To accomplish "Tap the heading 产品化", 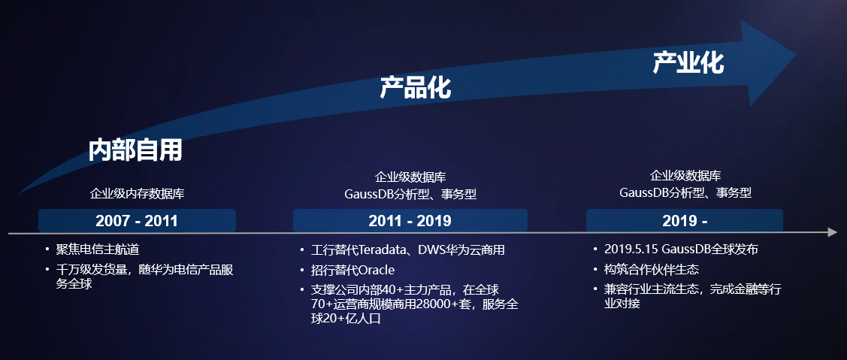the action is (416, 87).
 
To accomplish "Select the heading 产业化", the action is (688, 62).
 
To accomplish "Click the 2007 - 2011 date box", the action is (137, 220).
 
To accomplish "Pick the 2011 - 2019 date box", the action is (410, 220).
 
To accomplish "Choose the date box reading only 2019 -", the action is (685, 220).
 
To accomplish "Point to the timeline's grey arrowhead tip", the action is (836, 232).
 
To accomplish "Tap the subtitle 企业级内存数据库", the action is (138, 193).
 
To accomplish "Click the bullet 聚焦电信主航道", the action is (98, 250).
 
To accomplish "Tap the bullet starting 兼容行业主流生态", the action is (693, 295).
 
